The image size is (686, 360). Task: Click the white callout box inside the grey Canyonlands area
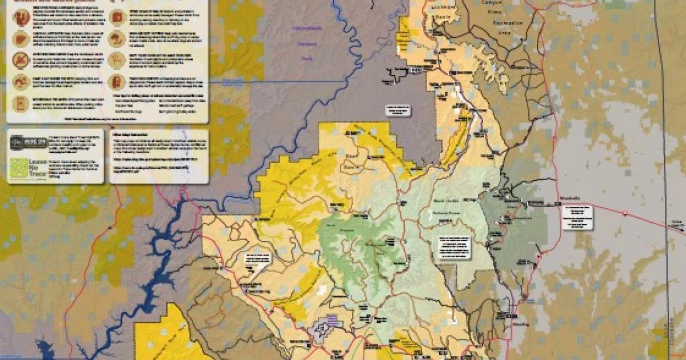click(x=397, y=110)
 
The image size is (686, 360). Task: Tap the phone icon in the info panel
click(x=21, y=103)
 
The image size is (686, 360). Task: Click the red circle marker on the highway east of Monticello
click(x=627, y=214)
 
